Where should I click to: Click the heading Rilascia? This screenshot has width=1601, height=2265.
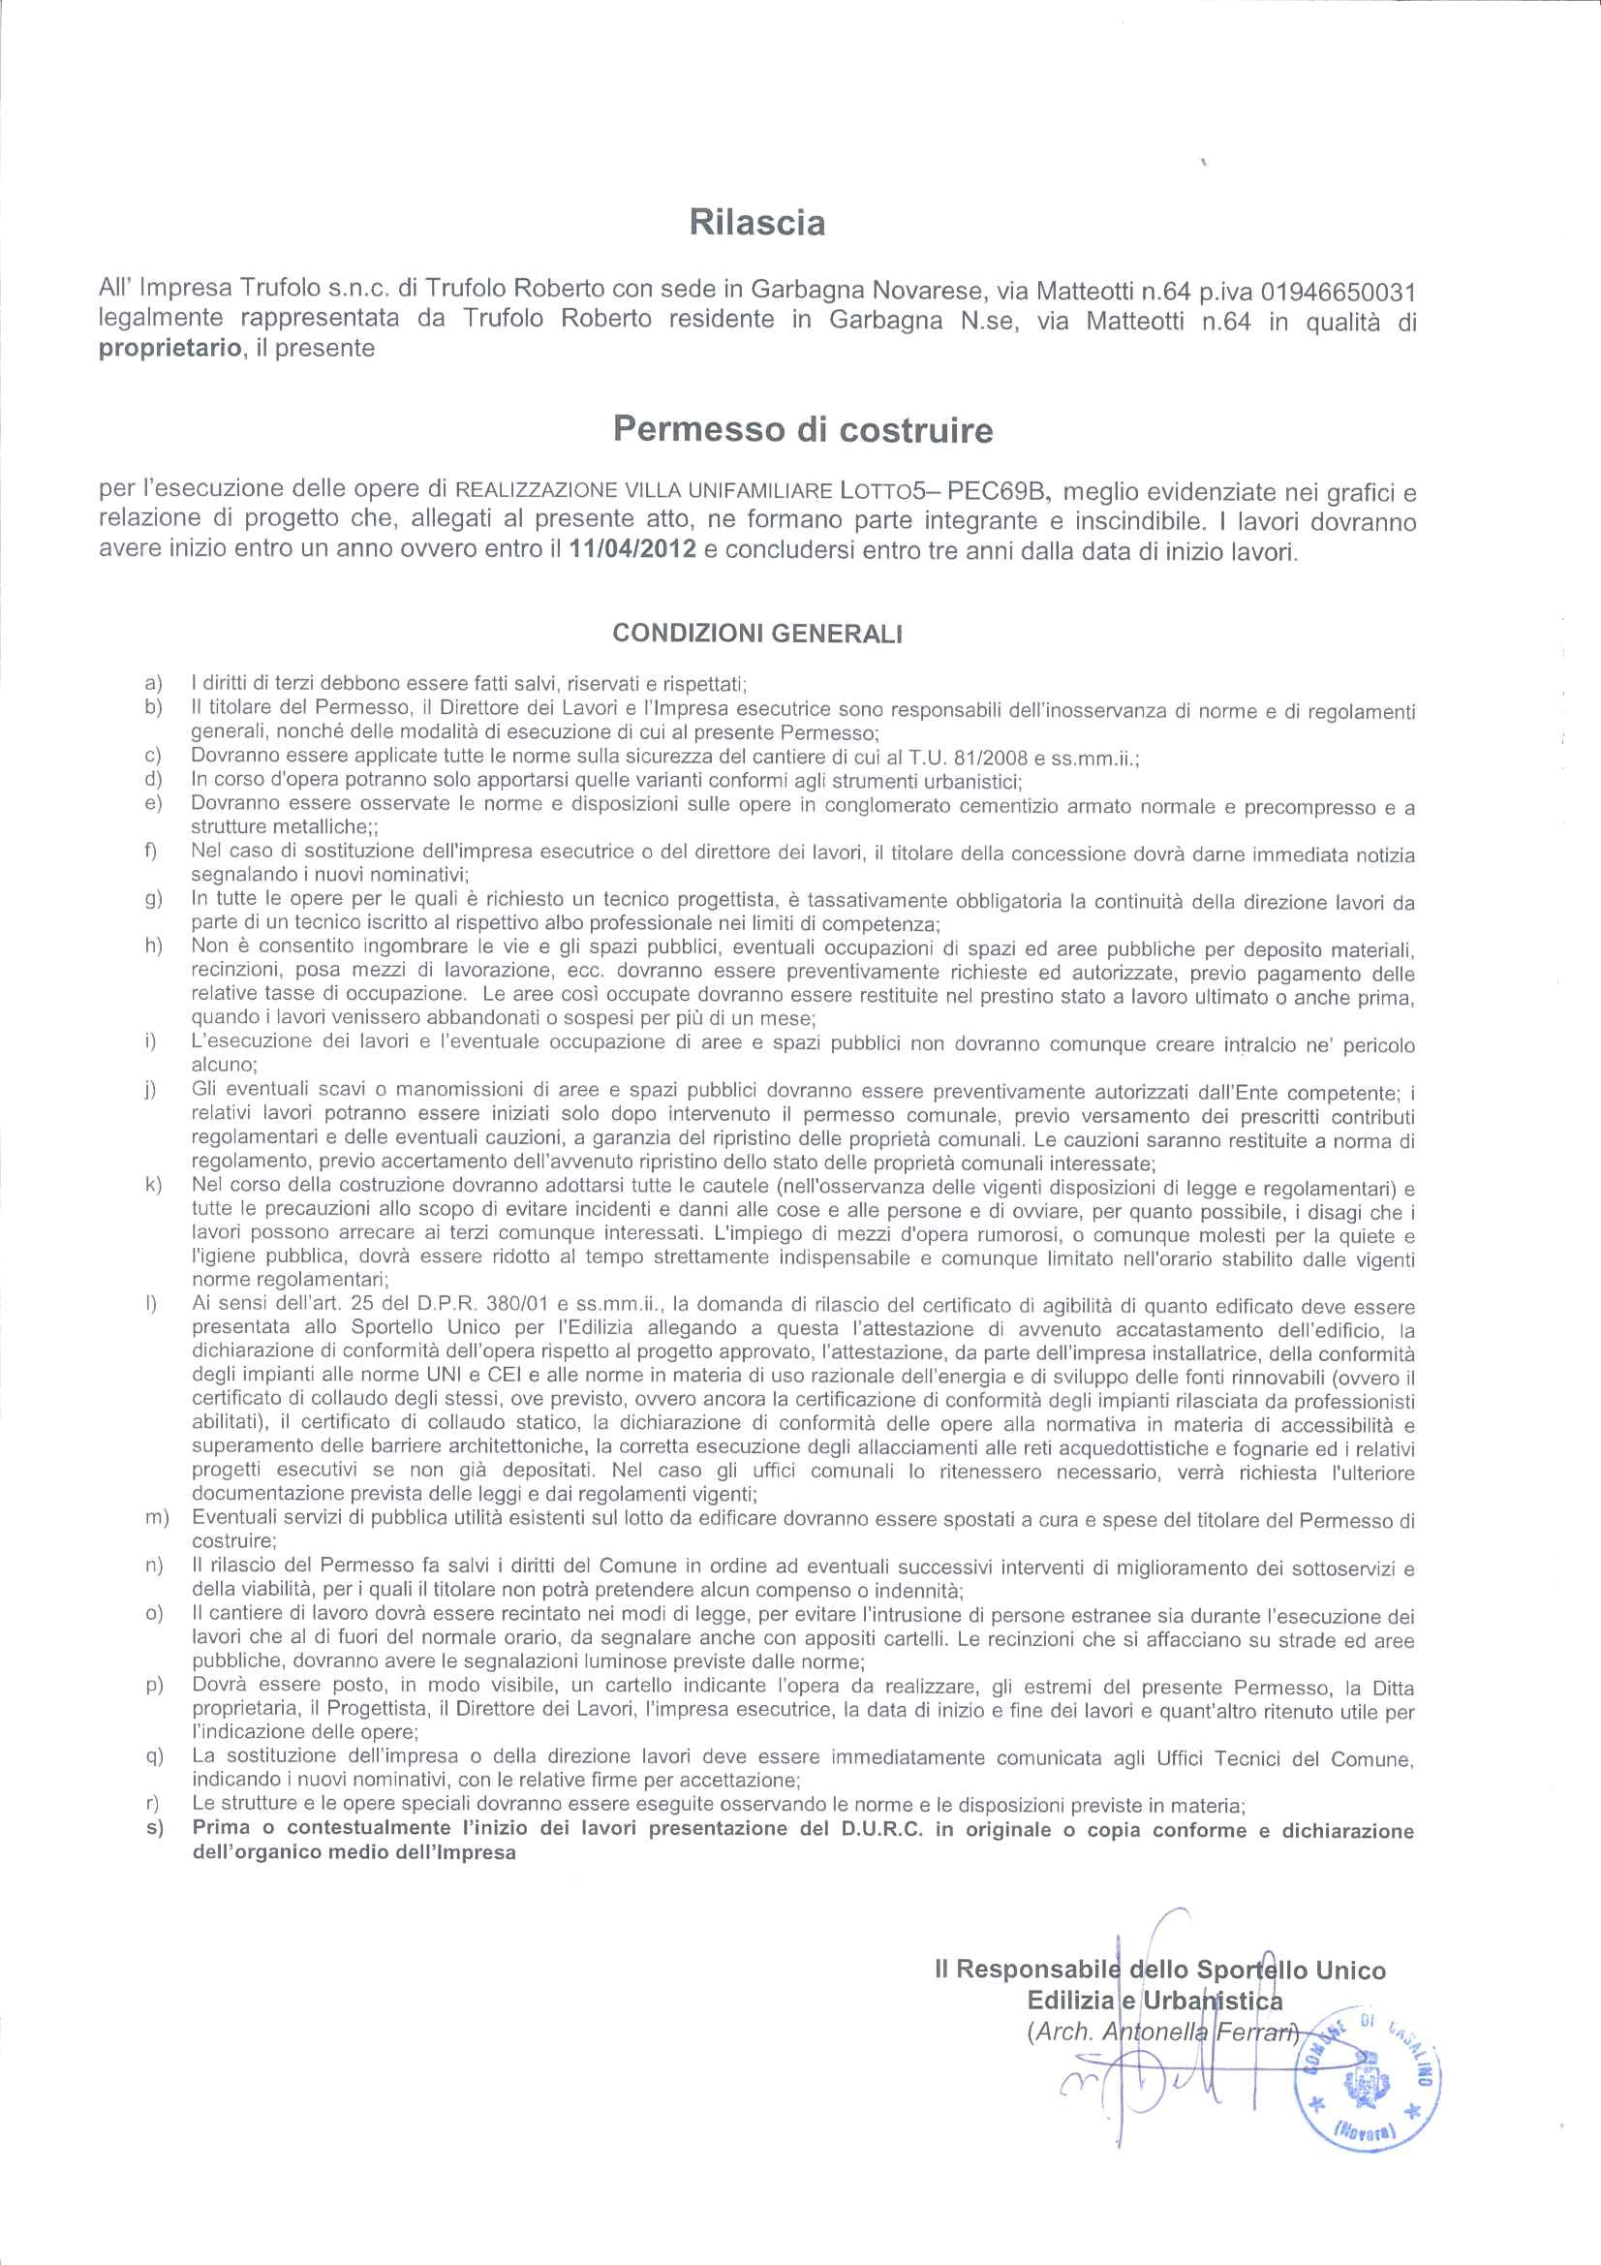(756, 224)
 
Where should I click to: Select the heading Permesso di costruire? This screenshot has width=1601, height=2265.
(803, 429)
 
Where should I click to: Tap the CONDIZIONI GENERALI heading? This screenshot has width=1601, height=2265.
(757, 634)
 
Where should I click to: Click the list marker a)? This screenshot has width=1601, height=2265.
(152, 683)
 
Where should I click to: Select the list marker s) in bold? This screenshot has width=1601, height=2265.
(152, 1830)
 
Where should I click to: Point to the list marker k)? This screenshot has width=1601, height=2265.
(152, 1185)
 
